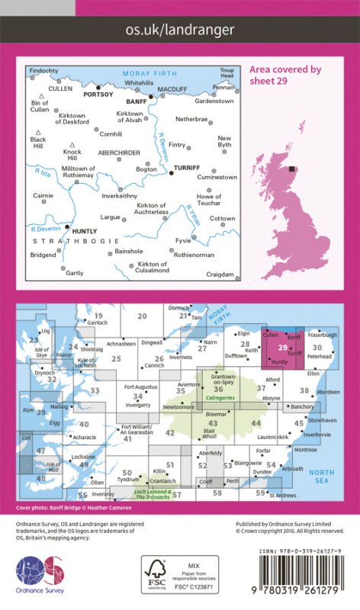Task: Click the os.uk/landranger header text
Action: pyautogui.click(x=180, y=30)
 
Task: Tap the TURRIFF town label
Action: pyautogui.click(x=187, y=166)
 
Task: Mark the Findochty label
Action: pyautogui.click(x=44, y=71)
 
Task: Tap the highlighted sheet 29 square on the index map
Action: pyautogui.click(x=281, y=349)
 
